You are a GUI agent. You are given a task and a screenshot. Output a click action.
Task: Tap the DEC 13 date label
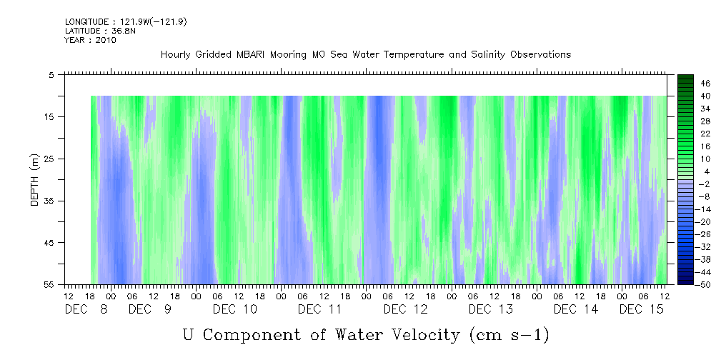490,309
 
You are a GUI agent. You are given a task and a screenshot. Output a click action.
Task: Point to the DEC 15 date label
641,309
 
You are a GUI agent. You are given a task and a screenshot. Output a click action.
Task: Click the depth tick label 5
51,74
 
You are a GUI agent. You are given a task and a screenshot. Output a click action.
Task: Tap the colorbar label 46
686,83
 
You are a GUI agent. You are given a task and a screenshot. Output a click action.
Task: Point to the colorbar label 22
686,134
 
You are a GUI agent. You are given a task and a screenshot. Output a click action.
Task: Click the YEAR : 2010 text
90,40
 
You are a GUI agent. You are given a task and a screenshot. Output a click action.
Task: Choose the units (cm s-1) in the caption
509,335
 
